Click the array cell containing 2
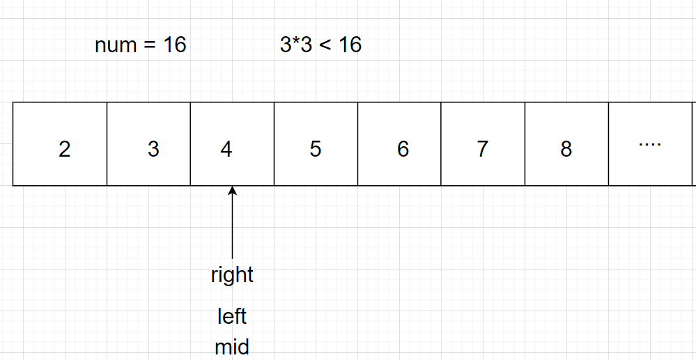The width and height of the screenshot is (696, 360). pos(60,144)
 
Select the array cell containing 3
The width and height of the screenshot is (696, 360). pos(148,144)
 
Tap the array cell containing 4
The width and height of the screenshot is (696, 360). pos(232,144)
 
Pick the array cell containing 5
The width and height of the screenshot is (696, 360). pos(316,144)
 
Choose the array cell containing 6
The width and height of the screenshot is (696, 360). pos(399,144)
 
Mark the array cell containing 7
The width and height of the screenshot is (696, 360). pos(483,144)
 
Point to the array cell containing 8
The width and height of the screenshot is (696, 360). pos(566,144)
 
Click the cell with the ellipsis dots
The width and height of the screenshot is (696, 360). pos(650,144)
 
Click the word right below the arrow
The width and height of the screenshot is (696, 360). pos(232,275)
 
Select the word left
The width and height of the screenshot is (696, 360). pos(232,317)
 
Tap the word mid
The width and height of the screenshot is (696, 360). pos(232,346)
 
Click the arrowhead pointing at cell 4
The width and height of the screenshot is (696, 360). pos(233,191)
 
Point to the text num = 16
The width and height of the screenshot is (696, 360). pos(141,45)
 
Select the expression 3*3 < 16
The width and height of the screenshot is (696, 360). pos(320,45)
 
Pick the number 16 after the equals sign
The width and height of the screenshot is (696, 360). pos(175,45)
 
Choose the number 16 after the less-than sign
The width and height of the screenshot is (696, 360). pos(350,45)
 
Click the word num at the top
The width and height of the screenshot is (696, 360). pos(116,46)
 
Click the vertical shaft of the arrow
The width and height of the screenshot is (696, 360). pos(233,226)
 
